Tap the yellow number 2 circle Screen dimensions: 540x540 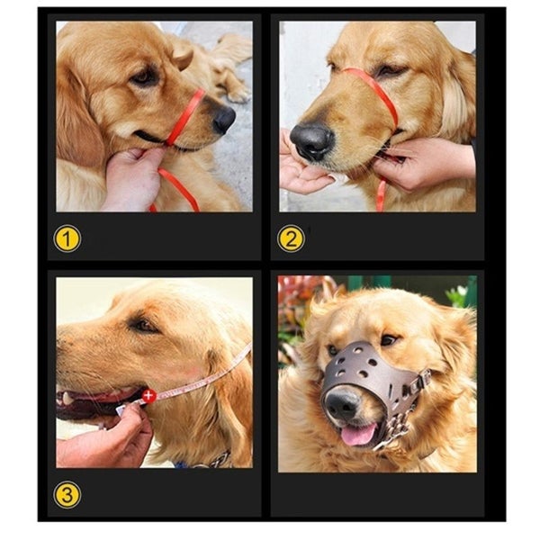pyautogui.click(x=291, y=238)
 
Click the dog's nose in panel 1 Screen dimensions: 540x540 pyautogui.click(x=222, y=117)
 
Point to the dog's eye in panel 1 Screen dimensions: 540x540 pyautogui.click(x=144, y=76)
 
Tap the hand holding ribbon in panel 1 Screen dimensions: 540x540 pyautogui.click(x=133, y=175)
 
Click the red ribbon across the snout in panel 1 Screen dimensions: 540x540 pyautogui.click(x=185, y=117)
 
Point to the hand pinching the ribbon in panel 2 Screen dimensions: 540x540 pyautogui.click(x=423, y=162)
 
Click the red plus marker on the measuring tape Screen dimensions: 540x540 pyautogui.click(x=149, y=395)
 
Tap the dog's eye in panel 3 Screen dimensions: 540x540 pyautogui.click(x=143, y=325)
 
